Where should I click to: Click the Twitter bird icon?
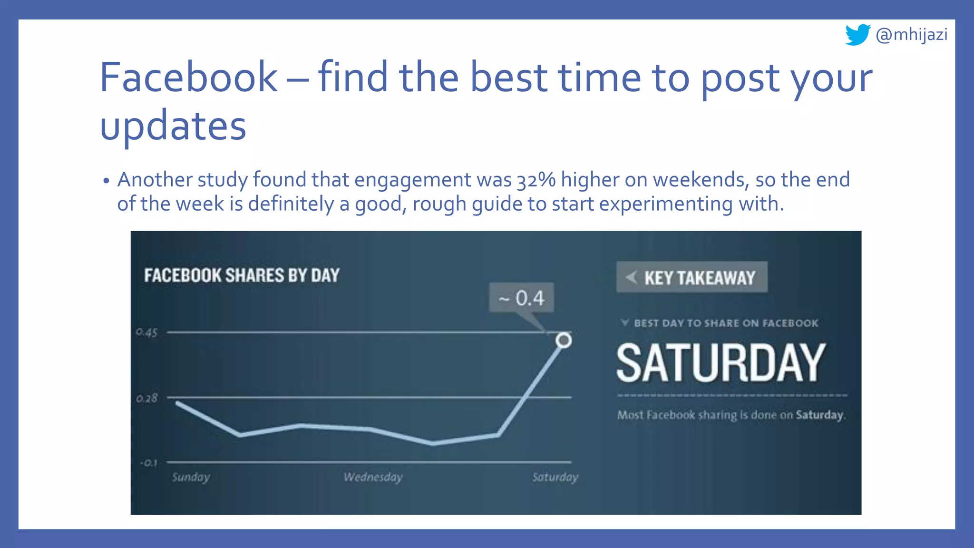click(x=857, y=35)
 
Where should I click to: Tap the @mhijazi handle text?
click(x=911, y=35)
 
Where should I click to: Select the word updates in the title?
click(x=173, y=126)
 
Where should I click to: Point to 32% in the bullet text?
click(x=536, y=180)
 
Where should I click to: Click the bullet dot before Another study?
click(x=106, y=181)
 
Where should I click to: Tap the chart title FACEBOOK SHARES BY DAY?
click(x=242, y=275)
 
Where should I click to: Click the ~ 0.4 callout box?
click(x=521, y=298)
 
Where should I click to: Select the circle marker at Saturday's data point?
click(x=564, y=340)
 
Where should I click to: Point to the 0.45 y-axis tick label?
click(x=146, y=332)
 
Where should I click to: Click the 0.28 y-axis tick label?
click(x=146, y=398)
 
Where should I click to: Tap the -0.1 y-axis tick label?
click(x=148, y=462)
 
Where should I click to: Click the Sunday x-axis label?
click(x=191, y=477)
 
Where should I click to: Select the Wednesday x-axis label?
click(x=373, y=477)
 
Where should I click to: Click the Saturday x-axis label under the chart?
click(x=555, y=477)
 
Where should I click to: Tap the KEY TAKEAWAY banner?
click(x=692, y=277)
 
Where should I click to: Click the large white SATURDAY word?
click(x=721, y=363)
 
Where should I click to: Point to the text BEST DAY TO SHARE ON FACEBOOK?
click(x=726, y=323)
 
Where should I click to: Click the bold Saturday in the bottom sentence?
click(x=819, y=415)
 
